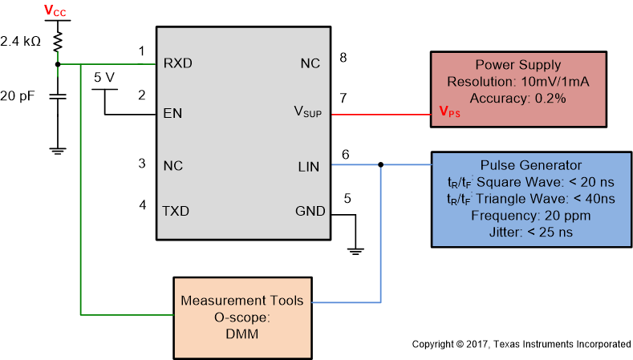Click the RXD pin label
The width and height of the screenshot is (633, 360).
point(177,63)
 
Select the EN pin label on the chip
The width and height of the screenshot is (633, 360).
point(172,114)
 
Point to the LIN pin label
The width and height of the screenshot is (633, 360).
point(308,167)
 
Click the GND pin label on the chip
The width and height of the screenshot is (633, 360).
point(310,212)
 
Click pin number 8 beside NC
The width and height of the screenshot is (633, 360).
point(343,57)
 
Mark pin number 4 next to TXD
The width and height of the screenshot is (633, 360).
point(142,204)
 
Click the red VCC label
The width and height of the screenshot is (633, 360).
point(56,10)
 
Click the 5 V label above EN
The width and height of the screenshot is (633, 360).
point(105,78)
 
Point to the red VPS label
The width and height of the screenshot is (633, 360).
point(449,113)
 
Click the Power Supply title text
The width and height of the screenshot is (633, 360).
point(517,65)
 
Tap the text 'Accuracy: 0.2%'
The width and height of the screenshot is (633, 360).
point(517,98)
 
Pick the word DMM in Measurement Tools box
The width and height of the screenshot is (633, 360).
point(241,334)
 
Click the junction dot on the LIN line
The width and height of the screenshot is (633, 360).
point(380,166)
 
